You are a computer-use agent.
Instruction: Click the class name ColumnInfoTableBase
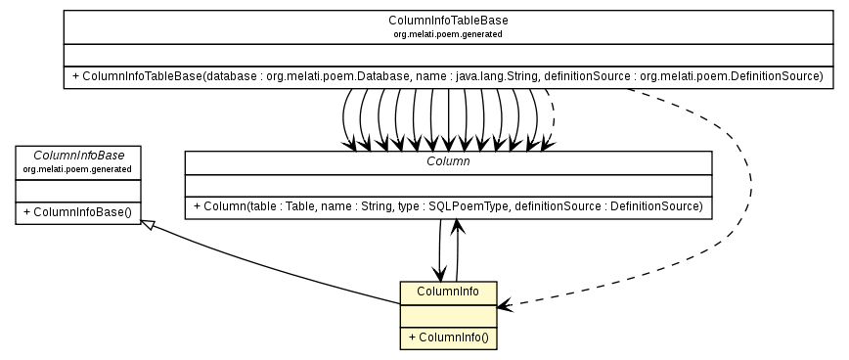447,21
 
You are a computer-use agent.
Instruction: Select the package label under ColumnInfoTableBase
447,33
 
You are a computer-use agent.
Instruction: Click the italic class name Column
448,160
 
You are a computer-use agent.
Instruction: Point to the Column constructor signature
448,206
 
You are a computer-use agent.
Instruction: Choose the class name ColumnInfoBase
76,156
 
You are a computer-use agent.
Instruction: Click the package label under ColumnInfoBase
76,168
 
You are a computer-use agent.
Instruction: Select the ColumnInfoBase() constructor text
76,211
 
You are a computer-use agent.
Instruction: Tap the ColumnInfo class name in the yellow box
448,291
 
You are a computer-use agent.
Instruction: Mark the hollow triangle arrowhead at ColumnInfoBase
147,225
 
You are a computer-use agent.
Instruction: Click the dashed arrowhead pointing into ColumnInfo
504,307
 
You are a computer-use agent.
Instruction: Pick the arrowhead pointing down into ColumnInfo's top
438,274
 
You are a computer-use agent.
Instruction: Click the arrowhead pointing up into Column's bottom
456,227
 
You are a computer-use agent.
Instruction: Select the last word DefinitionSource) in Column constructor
654,206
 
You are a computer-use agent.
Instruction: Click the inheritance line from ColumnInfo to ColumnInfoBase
274,264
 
